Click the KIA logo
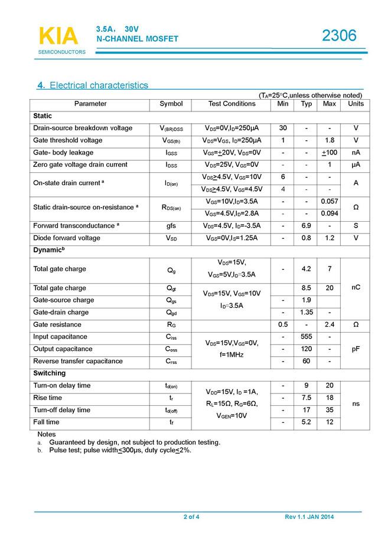pyautogui.click(x=58, y=37)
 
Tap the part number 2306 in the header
pyautogui.click(x=339, y=36)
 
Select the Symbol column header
pyautogui.click(x=171, y=104)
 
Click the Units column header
pyautogui.click(x=356, y=104)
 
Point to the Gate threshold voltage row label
pyautogui.click(x=68, y=140)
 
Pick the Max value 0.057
pyautogui.click(x=329, y=201)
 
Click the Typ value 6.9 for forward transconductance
pyautogui.click(x=307, y=226)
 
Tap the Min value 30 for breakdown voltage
pyautogui.click(x=283, y=128)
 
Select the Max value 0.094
pyautogui.click(x=329, y=213)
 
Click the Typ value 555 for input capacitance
pyautogui.click(x=307, y=337)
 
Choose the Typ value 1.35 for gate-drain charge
pyautogui.click(x=307, y=313)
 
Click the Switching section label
pyautogui.click(x=50, y=373)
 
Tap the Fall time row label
pyautogui.click(x=47, y=422)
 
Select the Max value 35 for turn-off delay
pyautogui.click(x=329, y=410)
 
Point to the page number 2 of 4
pyautogui.click(x=191, y=517)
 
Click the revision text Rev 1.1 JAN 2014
pyautogui.click(x=309, y=517)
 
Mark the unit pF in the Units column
pyautogui.click(x=356, y=349)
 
